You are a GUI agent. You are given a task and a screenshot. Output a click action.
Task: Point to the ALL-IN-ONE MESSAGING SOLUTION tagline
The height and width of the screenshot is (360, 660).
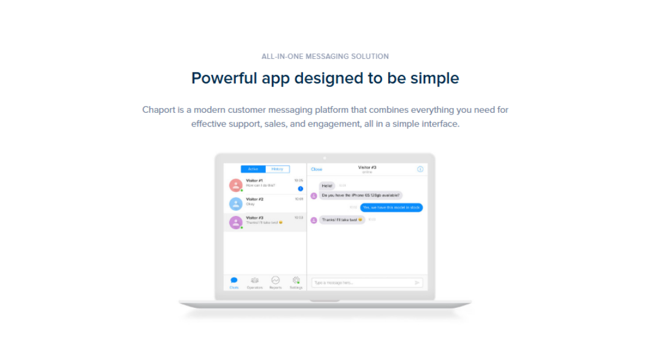coord(325,56)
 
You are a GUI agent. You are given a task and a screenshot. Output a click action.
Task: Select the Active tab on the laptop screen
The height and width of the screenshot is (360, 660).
coord(253,169)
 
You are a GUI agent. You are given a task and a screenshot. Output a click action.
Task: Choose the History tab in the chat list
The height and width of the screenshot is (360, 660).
coord(277,169)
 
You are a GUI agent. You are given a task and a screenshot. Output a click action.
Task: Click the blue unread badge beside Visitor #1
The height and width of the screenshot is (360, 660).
coord(300,188)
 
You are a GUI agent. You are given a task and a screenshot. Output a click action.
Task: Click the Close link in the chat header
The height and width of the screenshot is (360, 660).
coord(317,169)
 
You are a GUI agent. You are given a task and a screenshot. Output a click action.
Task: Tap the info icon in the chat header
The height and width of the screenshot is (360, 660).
coord(420,169)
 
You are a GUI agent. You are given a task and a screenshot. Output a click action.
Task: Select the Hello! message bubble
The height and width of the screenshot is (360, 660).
coord(327,185)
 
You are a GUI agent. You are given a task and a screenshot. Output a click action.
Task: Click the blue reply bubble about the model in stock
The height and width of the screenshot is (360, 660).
coord(392,208)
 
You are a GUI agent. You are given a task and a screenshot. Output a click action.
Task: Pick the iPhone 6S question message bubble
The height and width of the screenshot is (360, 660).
coord(361,195)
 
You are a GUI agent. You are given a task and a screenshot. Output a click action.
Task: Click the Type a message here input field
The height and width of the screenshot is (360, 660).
coord(360,283)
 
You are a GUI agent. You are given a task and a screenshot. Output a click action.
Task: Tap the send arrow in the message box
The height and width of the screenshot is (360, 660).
coord(417,283)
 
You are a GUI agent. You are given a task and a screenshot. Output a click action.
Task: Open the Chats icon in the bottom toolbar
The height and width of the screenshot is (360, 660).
coord(234,280)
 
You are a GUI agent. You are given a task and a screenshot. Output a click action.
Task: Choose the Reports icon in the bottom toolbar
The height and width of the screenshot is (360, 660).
coord(275,280)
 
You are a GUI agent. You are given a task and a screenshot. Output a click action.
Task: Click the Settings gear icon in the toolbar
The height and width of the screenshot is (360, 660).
coord(296,280)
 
